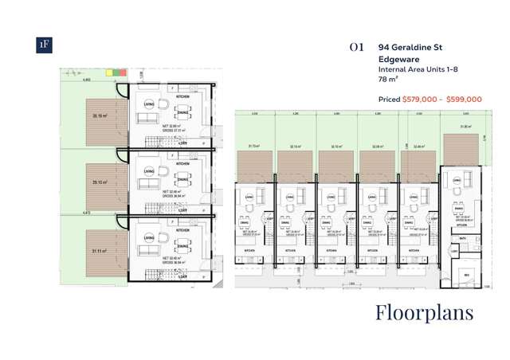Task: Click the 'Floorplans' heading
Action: tap(424, 311)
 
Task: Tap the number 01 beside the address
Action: tap(356, 48)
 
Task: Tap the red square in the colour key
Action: tap(124, 72)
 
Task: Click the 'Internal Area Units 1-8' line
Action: tap(418, 70)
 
